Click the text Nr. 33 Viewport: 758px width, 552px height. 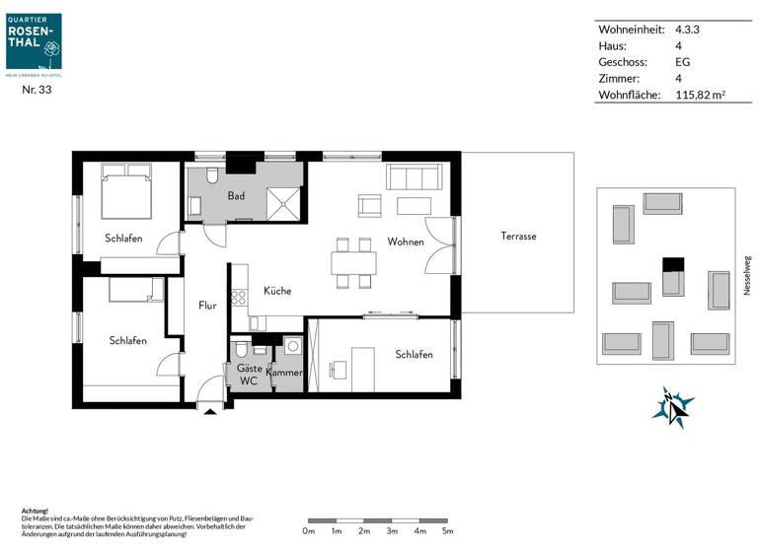tap(37, 90)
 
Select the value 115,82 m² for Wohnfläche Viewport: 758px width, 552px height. tap(700, 96)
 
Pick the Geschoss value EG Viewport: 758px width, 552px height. tap(682, 62)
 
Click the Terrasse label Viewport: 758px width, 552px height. tap(518, 237)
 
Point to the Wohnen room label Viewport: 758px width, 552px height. tap(406, 241)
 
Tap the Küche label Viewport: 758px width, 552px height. tap(277, 291)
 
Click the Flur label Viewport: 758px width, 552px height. tap(207, 306)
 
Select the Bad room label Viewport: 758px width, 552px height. tap(236, 196)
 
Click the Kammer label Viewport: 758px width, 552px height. tap(284, 373)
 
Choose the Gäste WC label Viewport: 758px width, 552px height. tap(250, 374)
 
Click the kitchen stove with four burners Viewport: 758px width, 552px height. tap(238, 296)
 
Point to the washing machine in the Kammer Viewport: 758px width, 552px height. tap(293, 346)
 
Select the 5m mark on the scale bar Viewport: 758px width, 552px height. tap(447, 531)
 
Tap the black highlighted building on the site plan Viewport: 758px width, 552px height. tap(672, 263)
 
